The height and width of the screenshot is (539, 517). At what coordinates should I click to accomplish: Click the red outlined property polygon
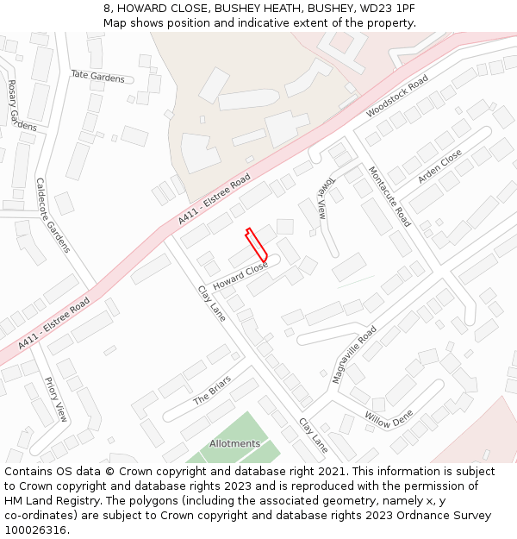[x=257, y=245]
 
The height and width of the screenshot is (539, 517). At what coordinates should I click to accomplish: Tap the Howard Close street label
[x=240, y=276]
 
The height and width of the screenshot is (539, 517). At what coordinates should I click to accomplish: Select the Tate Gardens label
[x=97, y=77]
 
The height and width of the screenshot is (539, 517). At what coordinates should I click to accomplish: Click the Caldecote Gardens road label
[x=51, y=215]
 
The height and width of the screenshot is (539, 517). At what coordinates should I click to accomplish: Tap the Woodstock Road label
[x=396, y=97]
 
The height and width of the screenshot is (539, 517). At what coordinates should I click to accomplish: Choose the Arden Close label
[x=439, y=166]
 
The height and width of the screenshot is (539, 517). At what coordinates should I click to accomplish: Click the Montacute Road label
[x=389, y=196]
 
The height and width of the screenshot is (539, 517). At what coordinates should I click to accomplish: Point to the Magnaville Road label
[x=354, y=354]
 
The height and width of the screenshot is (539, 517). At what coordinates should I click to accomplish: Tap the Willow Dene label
[x=389, y=420]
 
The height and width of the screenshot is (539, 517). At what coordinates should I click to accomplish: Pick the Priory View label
[x=56, y=399]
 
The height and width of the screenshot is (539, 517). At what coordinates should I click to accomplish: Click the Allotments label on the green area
[x=234, y=444]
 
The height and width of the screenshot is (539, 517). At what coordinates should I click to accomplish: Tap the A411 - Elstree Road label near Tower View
[x=215, y=200]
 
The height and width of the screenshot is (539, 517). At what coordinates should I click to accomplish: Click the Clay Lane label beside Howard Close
[x=211, y=304]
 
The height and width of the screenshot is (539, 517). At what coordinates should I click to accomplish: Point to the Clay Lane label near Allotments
[x=314, y=436]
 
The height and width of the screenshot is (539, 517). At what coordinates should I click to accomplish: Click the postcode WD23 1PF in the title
[x=384, y=8]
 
